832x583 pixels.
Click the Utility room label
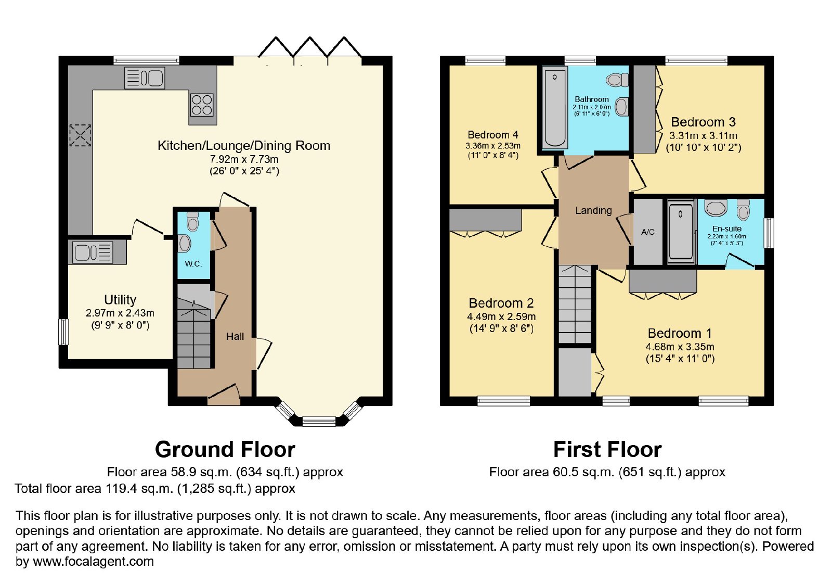pos(120,300)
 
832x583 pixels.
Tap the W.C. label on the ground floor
pos(193,264)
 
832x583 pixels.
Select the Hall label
pos(235,336)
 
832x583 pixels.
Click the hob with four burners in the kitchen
pos(202,105)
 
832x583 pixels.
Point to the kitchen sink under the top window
pos(145,78)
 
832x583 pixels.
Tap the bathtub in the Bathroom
pos(554,108)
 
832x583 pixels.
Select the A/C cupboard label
pos(648,232)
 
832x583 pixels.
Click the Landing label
pos(593,210)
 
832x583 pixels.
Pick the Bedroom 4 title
pos(492,135)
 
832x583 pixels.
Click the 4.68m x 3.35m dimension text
pos(680,347)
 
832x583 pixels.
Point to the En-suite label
pos(727,229)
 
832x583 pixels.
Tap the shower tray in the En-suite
pos(681,231)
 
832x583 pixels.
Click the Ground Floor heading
pos(225,449)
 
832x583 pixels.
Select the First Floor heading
pos(607,449)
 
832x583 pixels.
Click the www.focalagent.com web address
pos(93,561)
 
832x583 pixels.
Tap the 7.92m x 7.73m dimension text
pos(244,159)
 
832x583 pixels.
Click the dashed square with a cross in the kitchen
pos(80,135)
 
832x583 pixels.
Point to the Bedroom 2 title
pos(501,303)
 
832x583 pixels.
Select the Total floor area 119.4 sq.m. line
pos(155,488)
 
